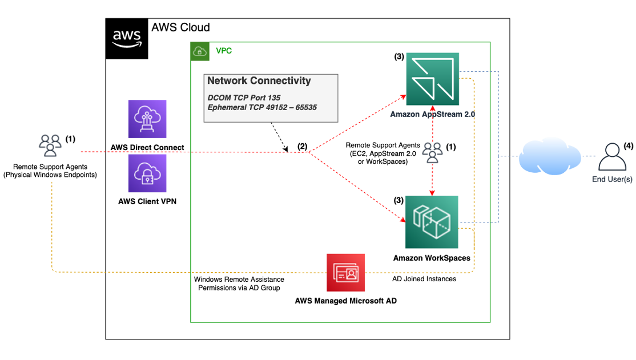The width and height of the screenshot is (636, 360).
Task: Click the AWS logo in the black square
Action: click(x=127, y=38)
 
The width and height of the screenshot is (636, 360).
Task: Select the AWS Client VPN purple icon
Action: click(x=147, y=173)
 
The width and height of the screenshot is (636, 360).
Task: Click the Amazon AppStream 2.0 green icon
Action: click(x=432, y=79)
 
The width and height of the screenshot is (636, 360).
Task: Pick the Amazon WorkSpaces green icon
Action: click(x=432, y=222)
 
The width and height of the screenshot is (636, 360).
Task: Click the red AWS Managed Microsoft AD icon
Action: click(x=345, y=273)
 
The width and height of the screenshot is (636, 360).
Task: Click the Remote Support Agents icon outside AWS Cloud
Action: click(x=50, y=145)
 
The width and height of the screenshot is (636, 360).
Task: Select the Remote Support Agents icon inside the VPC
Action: click(x=432, y=152)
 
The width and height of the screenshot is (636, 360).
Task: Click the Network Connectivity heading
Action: click(x=259, y=80)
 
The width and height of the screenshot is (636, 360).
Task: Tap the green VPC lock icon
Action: click(x=200, y=50)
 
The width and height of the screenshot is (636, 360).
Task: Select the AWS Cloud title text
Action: click(x=180, y=27)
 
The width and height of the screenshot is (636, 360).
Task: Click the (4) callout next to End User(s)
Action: click(x=629, y=145)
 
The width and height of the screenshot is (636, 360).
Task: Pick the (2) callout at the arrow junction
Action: click(x=303, y=147)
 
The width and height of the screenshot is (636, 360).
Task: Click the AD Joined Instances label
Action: click(x=424, y=279)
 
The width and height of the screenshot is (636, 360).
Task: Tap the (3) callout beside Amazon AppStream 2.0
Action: click(x=399, y=57)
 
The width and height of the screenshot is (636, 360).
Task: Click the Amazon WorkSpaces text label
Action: click(x=432, y=258)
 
